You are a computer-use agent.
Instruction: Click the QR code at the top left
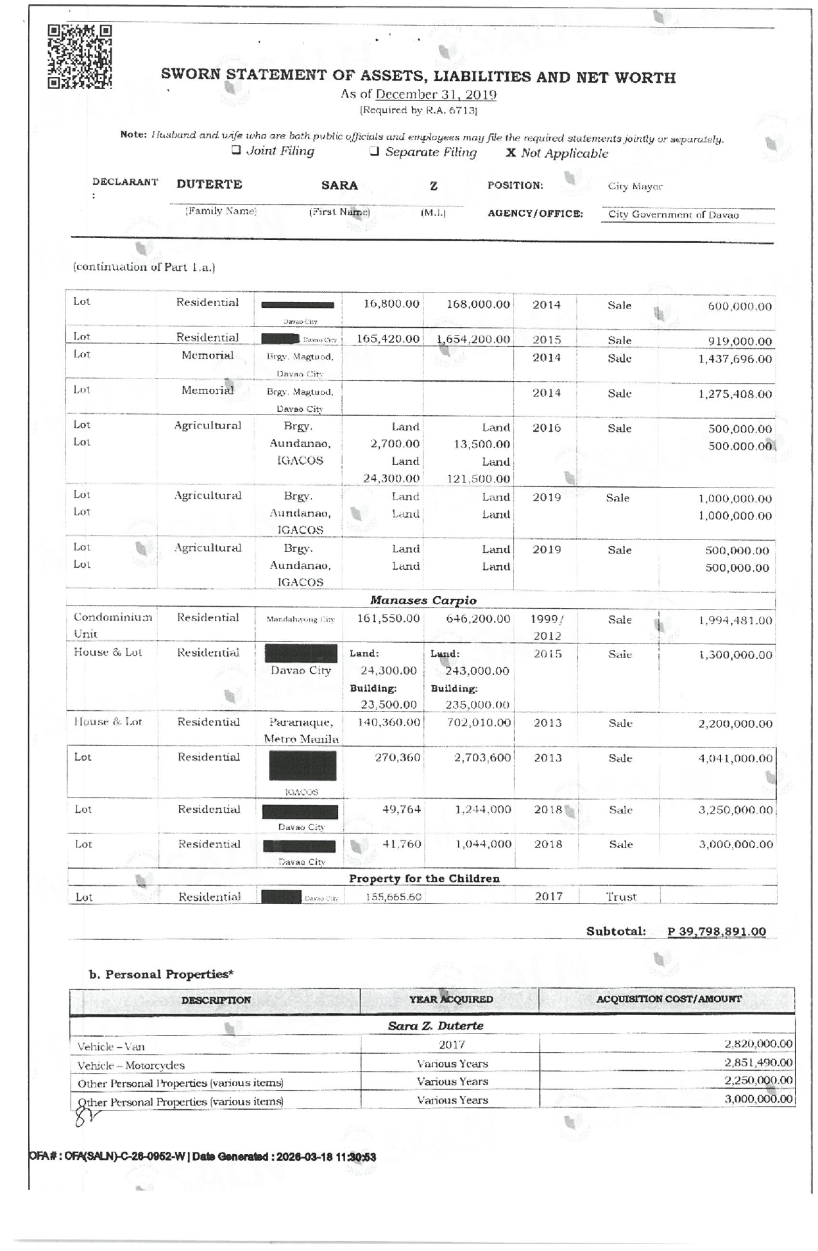(80, 56)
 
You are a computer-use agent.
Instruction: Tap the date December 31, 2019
(436, 95)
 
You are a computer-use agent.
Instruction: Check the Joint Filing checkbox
(236, 151)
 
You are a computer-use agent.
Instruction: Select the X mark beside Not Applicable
(511, 153)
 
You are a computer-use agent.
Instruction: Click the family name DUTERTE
(209, 185)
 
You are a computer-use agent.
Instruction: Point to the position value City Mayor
(635, 187)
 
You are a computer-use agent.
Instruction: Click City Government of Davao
(673, 215)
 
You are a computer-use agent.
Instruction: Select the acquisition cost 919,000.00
(740, 341)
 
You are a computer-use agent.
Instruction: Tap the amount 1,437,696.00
(735, 359)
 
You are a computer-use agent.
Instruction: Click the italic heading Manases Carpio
(423, 600)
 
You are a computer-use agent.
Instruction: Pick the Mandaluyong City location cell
(300, 620)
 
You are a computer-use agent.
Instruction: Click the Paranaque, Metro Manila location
(301, 730)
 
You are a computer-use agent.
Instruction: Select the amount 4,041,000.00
(735, 758)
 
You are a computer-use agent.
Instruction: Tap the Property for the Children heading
(424, 878)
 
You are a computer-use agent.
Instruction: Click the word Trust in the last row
(621, 897)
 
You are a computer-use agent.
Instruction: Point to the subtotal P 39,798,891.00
(716, 932)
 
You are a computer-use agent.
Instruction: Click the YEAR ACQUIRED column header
(451, 1000)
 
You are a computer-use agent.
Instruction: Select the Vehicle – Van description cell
(111, 1047)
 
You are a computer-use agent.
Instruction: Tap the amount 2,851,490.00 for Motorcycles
(758, 1062)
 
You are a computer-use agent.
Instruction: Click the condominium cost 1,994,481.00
(735, 621)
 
